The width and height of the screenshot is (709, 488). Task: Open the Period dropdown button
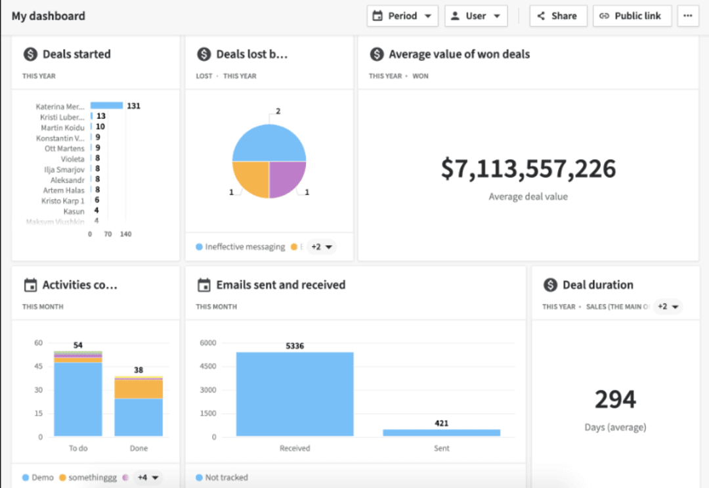(x=402, y=16)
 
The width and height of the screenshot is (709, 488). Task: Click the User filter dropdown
(x=476, y=16)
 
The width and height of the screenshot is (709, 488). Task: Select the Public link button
(x=632, y=16)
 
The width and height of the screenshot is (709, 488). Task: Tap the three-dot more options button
(x=687, y=16)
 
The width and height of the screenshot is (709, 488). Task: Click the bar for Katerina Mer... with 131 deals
(x=106, y=106)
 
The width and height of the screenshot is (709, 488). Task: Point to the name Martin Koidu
(x=62, y=127)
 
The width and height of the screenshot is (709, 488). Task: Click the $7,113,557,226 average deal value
(x=528, y=169)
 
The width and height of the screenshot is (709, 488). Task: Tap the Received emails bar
(x=295, y=394)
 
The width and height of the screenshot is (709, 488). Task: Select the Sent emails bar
(x=441, y=433)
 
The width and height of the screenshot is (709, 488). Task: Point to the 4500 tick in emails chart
(x=207, y=366)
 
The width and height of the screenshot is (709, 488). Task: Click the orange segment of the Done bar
(x=139, y=389)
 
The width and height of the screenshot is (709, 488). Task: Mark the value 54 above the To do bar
(x=77, y=345)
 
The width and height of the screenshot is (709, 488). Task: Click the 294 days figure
(x=615, y=399)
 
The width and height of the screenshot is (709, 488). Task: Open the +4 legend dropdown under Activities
(x=147, y=477)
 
